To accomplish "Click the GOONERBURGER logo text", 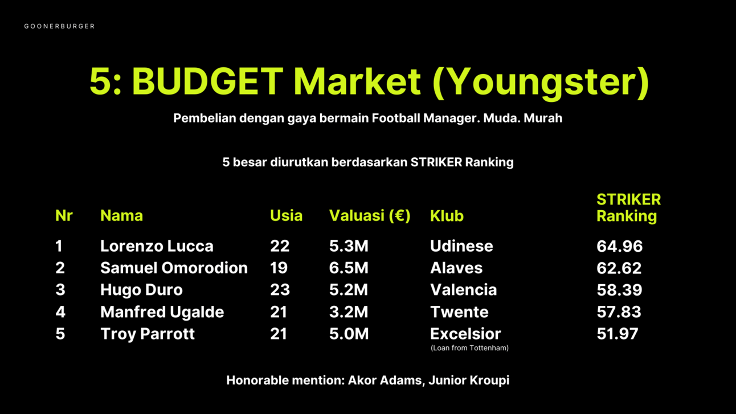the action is point(59,26).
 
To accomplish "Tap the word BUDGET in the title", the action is point(208,81).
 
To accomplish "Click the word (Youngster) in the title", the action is point(541,83).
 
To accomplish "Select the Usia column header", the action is point(286,216).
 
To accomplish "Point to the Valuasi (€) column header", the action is point(370,216).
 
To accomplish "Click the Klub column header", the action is point(447,216).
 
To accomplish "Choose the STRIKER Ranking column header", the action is point(628,208).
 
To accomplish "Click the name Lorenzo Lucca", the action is point(157,246).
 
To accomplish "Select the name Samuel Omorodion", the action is point(174,268).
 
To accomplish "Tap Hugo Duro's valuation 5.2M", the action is point(349,290).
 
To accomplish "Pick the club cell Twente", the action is point(459,312).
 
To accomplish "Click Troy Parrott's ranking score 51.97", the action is point(618,334).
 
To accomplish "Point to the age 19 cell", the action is point(279,268).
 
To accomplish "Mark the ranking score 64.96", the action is point(619,246).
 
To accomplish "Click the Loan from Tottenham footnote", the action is point(469,348).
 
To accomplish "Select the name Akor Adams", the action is point(385,380).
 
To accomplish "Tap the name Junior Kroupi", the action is point(469,380).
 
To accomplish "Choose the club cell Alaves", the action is point(456,268).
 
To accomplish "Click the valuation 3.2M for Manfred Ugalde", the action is point(349,312).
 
